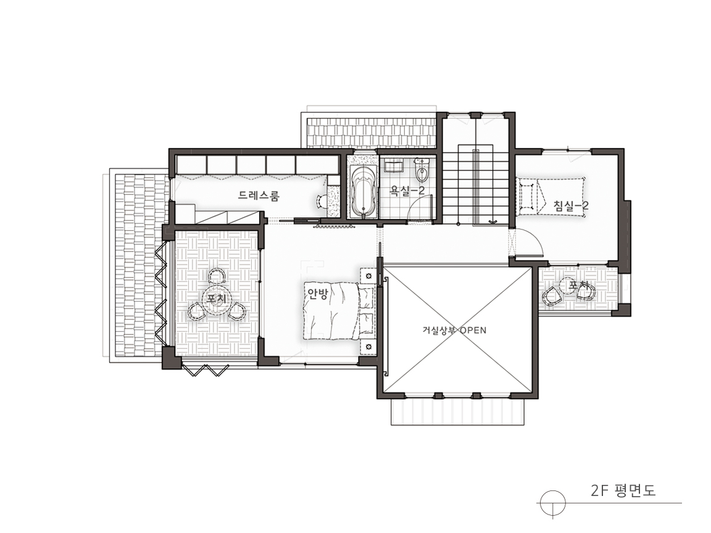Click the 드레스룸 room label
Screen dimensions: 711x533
[x=259, y=196]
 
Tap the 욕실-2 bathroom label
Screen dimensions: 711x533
[x=407, y=191]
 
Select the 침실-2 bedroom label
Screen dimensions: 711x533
[x=571, y=206]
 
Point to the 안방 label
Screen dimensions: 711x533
[x=317, y=294]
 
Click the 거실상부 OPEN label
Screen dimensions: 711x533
[x=454, y=330]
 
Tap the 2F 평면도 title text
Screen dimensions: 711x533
[x=623, y=491]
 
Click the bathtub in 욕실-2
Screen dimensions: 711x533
[x=363, y=191]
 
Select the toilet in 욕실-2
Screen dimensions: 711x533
[x=422, y=168]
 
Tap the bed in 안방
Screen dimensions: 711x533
[x=339, y=311]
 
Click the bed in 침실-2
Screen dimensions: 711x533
[x=551, y=197]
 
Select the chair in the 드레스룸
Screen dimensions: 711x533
[x=322, y=200]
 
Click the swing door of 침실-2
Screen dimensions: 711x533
[x=529, y=244]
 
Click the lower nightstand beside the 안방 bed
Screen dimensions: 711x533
[x=368, y=347]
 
